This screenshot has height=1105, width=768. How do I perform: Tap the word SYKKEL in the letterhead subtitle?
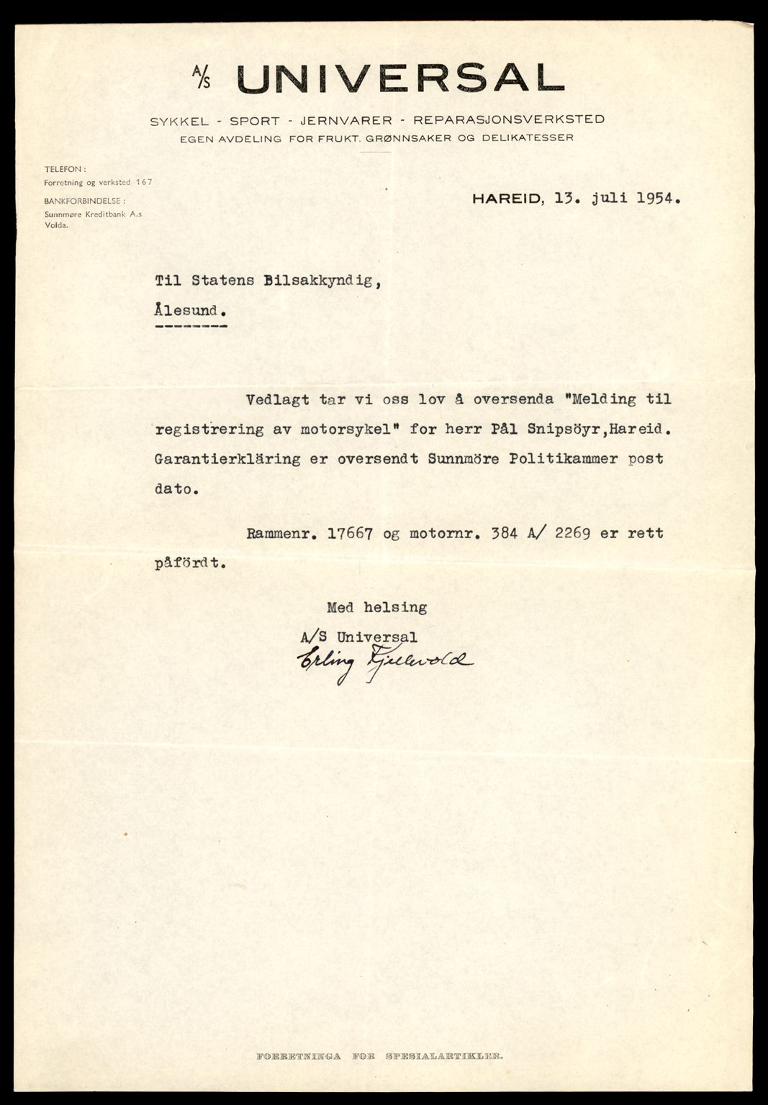168,120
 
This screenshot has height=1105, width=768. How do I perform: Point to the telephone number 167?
144,183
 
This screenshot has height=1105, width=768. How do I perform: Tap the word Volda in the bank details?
56,224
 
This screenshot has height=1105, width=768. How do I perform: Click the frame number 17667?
352,534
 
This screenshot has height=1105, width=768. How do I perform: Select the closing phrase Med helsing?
376,607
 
